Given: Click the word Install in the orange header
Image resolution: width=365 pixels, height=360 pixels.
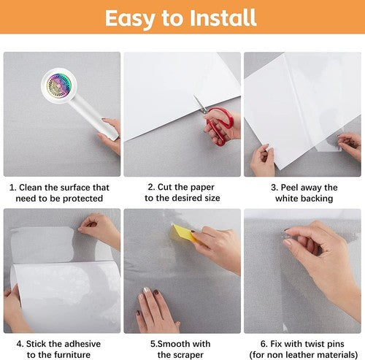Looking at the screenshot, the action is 223,18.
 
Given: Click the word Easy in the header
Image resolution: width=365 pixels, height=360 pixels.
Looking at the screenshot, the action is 130,19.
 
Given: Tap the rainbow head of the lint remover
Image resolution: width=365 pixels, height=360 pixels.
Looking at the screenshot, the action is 58,84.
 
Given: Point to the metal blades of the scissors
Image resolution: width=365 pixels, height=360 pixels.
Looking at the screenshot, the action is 200,104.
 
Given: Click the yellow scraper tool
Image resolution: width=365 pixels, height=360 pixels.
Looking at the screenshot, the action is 183,233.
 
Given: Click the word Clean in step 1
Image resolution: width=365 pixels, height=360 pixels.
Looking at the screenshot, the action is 31,188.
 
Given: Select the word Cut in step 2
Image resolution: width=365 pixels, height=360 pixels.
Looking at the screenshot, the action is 165,187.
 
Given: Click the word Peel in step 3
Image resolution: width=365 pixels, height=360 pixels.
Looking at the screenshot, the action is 289,188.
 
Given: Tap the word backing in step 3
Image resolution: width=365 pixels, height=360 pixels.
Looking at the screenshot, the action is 316,199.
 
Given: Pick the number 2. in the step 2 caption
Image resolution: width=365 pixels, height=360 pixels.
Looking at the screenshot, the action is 151,187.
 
